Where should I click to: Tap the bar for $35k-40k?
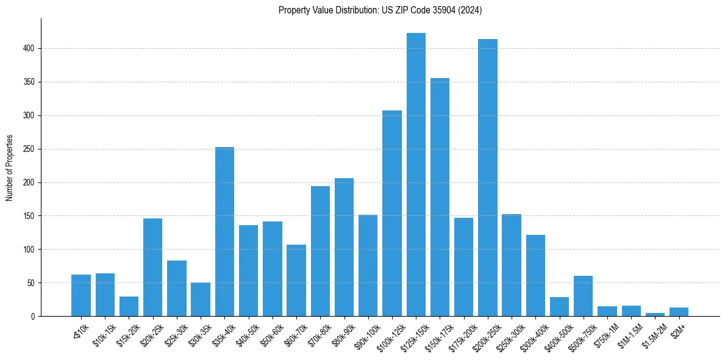(x=224, y=232)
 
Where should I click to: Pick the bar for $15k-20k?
(x=129, y=306)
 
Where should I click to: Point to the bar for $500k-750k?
(x=584, y=297)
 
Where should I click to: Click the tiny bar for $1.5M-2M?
(x=655, y=314)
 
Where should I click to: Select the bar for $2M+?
(x=679, y=312)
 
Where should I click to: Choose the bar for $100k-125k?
(x=392, y=214)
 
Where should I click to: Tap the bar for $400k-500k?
(x=559, y=307)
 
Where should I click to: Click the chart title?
(x=380, y=10)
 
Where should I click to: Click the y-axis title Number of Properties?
(x=10, y=167)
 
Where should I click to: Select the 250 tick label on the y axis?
(x=34, y=149)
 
